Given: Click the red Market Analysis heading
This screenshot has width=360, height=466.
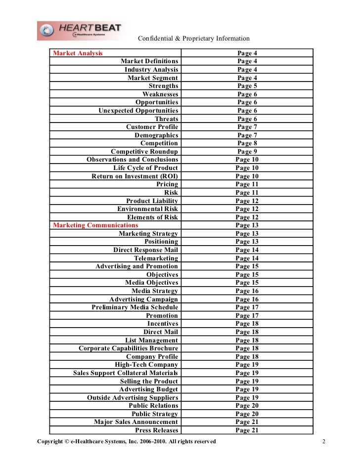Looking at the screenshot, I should pyautogui.click(x=78, y=53).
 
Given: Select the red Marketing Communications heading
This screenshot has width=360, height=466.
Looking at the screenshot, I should pyautogui.click(x=95, y=225).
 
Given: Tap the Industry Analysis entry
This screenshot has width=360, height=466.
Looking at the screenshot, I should pyautogui.click(x=151, y=70).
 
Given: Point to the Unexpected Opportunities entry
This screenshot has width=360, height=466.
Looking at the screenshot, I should pyautogui.click(x=138, y=111).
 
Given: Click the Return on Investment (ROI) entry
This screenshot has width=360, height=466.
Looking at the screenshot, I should pyautogui.click(x=135, y=176).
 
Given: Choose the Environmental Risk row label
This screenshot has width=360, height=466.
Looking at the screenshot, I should pyautogui.click(x=147, y=209).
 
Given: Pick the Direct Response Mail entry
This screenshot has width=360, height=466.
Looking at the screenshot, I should pyautogui.click(x=145, y=250).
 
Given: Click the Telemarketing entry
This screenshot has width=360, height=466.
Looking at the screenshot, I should pyautogui.click(x=156, y=258).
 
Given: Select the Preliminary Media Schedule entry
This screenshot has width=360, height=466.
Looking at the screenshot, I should pyautogui.click(x=135, y=307).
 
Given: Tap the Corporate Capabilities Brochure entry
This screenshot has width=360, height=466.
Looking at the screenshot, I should pyautogui.click(x=129, y=348).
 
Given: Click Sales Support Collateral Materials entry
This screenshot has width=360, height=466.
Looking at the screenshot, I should pyautogui.click(x=126, y=373).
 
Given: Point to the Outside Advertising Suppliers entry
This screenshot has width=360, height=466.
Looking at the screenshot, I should pyautogui.click(x=133, y=398).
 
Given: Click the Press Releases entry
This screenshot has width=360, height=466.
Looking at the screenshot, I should pyautogui.click(x=157, y=430).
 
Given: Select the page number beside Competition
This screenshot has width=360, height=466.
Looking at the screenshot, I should pyautogui.click(x=247, y=143).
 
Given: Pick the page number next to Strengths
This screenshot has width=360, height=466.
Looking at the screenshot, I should pyautogui.click(x=247, y=86).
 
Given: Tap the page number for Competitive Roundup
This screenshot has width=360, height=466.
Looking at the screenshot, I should pyautogui.click(x=247, y=152).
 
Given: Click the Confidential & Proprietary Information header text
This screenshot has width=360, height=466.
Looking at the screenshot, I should pyautogui.click(x=193, y=39).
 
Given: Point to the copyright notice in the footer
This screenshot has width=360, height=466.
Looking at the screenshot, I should pyautogui.click(x=127, y=441).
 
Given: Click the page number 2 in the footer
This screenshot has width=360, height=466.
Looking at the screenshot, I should pyautogui.click(x=323, y=441).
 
